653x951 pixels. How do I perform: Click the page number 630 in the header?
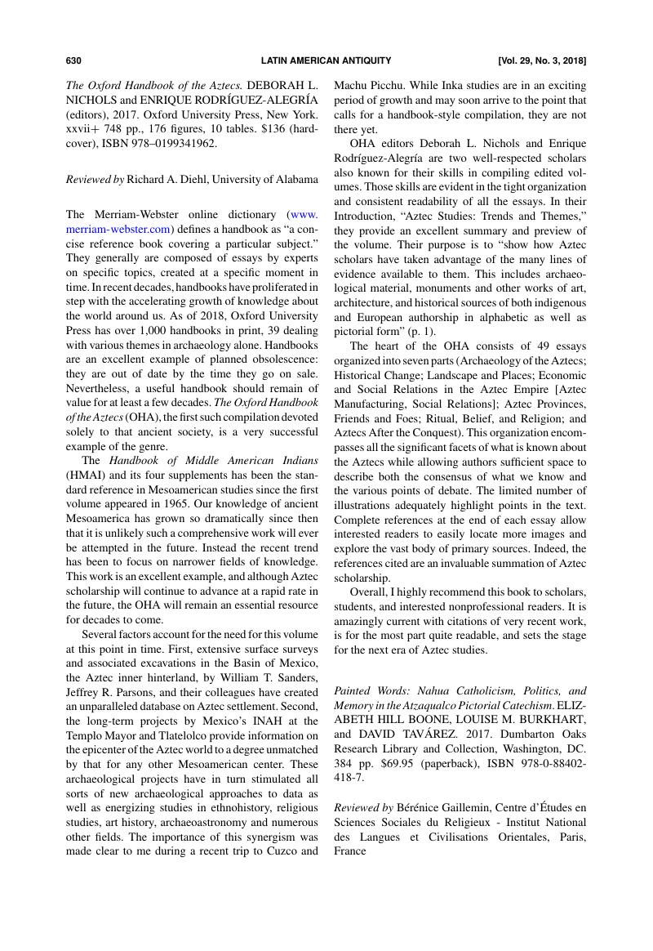(x=73, y=60)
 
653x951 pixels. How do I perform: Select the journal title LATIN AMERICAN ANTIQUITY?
(x=326, y=60)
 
